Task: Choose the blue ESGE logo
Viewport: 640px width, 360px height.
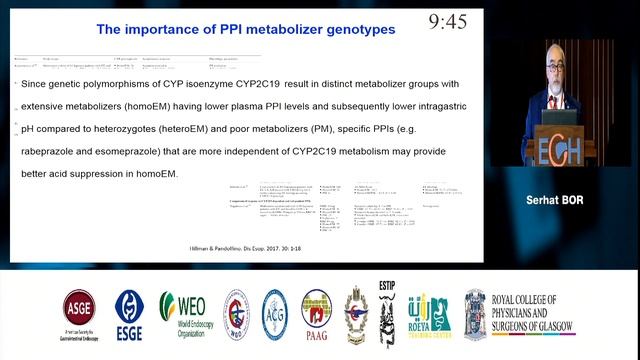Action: [x=129, y=314]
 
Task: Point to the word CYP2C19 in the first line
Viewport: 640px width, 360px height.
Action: [x=257, y=85]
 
